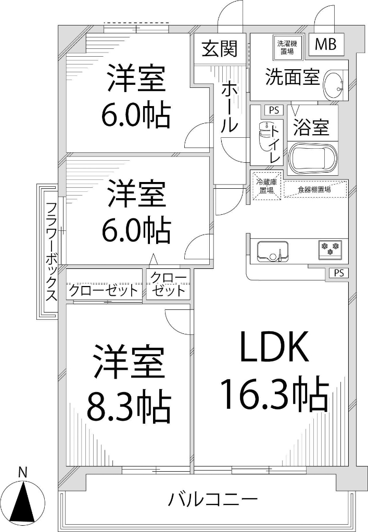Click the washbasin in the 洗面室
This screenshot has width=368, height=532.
click(333, 85)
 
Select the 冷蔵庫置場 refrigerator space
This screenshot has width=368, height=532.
click(267, 186)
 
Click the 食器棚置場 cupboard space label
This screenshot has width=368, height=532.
click(314, 189)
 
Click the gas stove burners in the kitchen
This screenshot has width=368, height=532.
click(330, 249)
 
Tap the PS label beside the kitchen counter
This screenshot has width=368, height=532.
click(339, 273)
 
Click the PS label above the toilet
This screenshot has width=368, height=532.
click(274, 110)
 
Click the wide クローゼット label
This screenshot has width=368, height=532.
click(104, 290)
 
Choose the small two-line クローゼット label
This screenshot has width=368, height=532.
click(169, 284)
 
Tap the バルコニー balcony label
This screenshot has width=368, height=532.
click(212, 500)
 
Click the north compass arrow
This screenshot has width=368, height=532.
click(23, 501)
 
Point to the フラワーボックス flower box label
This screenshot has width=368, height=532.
click(51, 252)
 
